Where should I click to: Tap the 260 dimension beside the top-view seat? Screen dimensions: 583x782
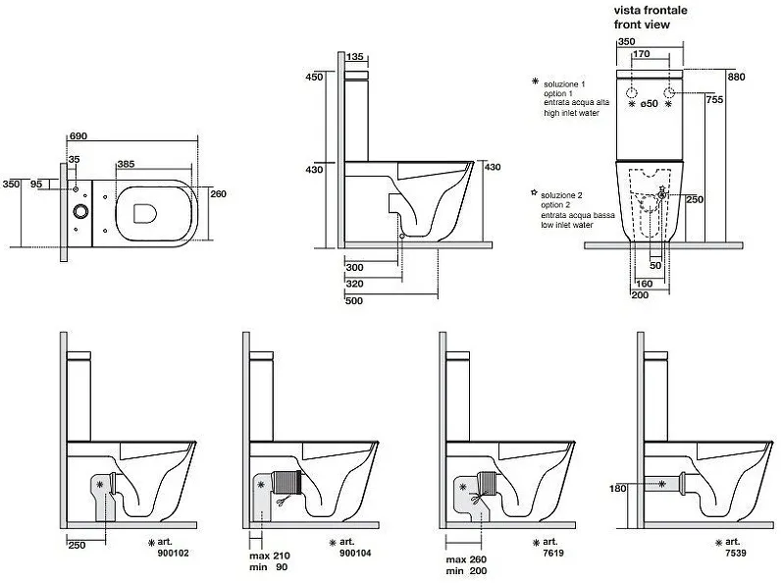219,194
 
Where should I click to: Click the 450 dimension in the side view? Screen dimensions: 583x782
314,77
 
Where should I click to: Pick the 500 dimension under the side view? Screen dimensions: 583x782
354,300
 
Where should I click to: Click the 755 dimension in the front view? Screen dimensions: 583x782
717,99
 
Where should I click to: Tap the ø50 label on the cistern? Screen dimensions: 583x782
649,105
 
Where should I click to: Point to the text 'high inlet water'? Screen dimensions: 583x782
572,114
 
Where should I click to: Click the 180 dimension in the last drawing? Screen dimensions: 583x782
618,488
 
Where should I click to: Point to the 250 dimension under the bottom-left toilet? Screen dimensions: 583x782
78,545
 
